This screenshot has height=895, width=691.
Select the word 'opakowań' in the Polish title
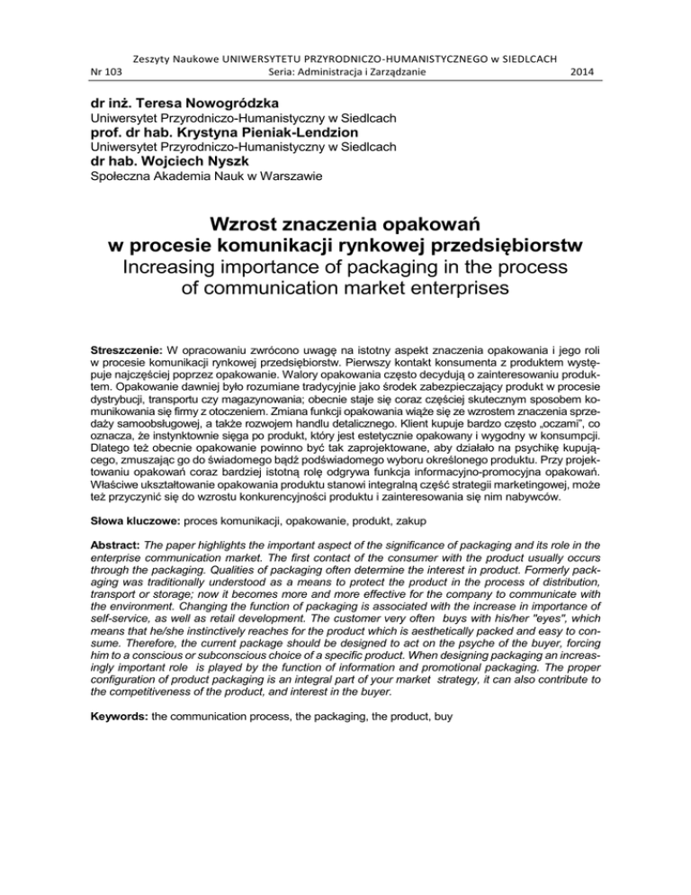[x=449, y=222]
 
